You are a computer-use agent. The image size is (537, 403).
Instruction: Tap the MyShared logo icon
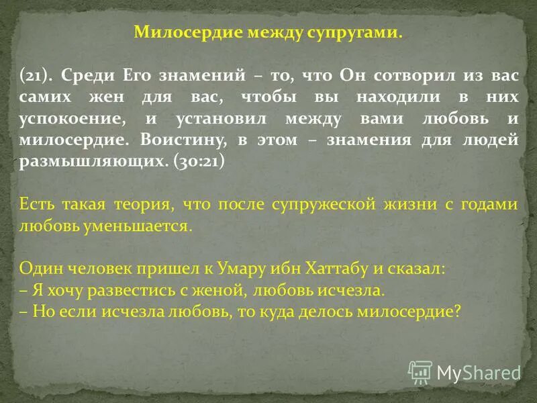tap(420, 371)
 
